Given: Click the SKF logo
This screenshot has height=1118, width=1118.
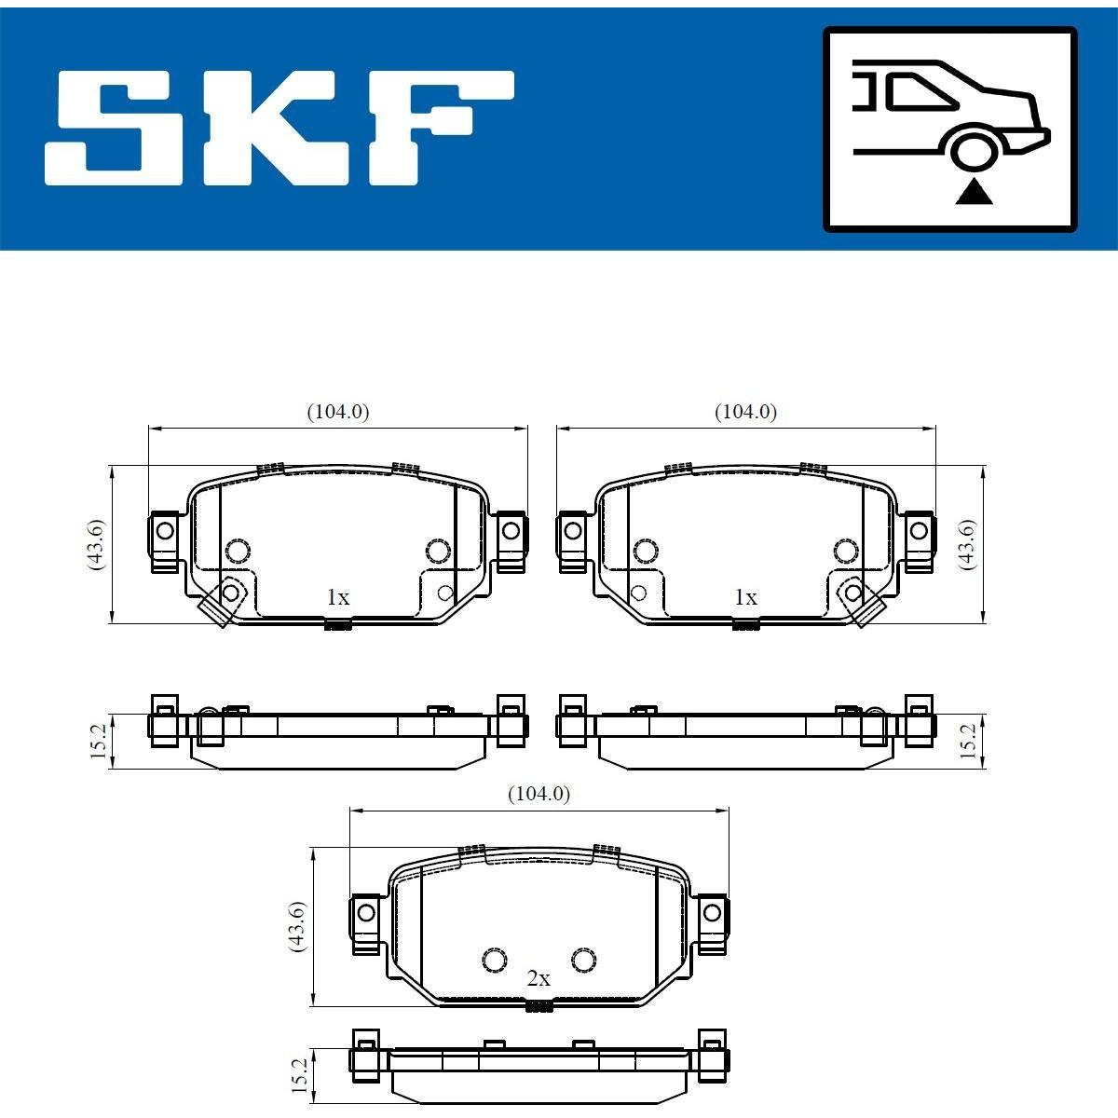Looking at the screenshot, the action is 279,129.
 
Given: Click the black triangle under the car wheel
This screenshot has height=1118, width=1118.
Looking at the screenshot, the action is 975,193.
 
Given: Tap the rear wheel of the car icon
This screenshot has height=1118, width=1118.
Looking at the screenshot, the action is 975,150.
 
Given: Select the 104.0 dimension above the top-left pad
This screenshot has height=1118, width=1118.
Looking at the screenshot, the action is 337,412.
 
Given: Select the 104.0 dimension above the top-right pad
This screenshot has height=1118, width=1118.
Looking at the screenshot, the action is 745,412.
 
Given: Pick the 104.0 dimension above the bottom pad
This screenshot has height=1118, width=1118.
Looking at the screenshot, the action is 539,793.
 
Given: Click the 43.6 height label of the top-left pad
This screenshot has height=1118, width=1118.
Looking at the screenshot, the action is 96,544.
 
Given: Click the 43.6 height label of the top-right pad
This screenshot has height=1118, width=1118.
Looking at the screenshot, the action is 967,544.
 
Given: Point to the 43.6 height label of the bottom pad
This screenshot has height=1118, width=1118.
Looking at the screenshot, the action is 297,926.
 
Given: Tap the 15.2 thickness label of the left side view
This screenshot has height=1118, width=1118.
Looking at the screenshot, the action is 99,741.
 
